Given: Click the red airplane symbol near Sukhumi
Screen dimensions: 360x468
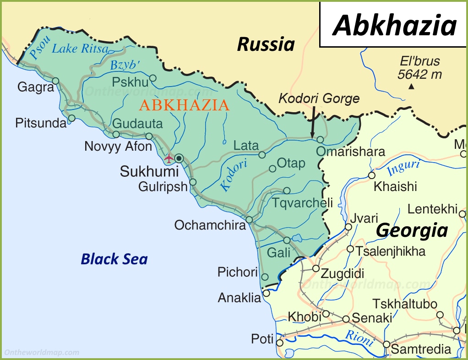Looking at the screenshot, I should click(169, 158).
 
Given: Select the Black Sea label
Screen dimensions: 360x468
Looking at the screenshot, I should click(114, 259).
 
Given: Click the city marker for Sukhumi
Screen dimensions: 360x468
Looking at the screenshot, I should click(179, 158).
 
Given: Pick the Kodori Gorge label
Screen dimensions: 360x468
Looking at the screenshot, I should click(319, 98).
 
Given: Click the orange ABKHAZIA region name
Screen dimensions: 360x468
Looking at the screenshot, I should click(184, 105).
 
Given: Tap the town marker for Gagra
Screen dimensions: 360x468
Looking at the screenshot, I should click(55, 81).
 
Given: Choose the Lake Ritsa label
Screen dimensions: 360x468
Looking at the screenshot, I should click(80, 49).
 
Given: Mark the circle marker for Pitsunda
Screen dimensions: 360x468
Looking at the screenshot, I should click(71, 118).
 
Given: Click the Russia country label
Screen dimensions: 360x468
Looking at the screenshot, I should click(266, 44).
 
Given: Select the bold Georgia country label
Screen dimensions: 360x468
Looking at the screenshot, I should click(412, 230).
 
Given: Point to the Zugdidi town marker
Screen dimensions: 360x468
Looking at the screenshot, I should click(316, 268).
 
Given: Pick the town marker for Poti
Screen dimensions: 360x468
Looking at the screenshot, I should click(280, 342).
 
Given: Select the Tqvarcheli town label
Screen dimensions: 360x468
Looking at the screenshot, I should click(302, 202).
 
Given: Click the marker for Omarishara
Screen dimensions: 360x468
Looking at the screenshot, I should click(320, 139).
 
